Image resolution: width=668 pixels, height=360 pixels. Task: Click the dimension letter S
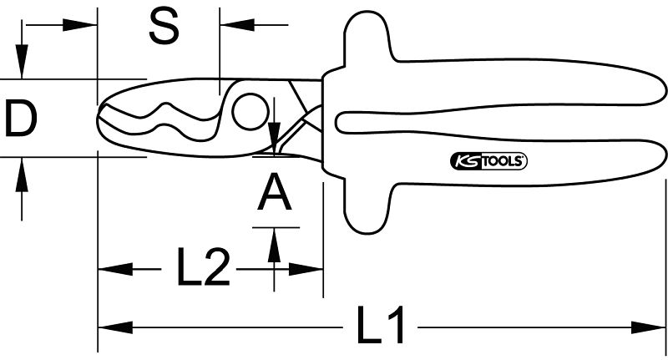pyautogui.click(x=164, y=28)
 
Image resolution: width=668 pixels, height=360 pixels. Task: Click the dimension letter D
pyautogui.click(x=21, y=118)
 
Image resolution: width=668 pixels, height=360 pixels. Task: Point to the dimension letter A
pyautogui.click(x=275, y=194)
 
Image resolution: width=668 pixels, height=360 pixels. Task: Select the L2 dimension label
pyautogui.click(x=204, y=267)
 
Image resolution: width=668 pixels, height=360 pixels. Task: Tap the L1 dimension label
pyautogui.click(x=380, y=325)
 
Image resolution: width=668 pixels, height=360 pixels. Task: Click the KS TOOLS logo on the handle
pyautogui.click(x=488, y=161)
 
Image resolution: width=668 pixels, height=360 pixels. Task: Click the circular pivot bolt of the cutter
pyautogui.click(x=250, y=111)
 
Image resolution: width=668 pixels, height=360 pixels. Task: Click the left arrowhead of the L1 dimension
pyautogui.click(x=115, y=327)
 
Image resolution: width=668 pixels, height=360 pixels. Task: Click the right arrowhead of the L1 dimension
pyautogui.click(x=648, y=327)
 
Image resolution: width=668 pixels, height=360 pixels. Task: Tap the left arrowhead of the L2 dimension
pyautogui.click(x=115, y=269)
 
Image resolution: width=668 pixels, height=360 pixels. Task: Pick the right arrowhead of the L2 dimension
pyautogui.click(x=306, y=269)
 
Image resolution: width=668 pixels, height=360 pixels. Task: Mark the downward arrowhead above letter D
pyautogui.click(x=23, y=62)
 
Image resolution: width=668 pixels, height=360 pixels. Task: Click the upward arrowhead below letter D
pyautogui.click(x=23, y=174)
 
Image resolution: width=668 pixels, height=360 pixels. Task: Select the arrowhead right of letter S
pyautogui.click(x=237, y=25)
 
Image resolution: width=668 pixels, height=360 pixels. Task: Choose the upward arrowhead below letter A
pyautogui.click(x=275, y=245)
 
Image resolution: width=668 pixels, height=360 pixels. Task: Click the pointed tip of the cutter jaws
pyautogui.click(x=99, y=116)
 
